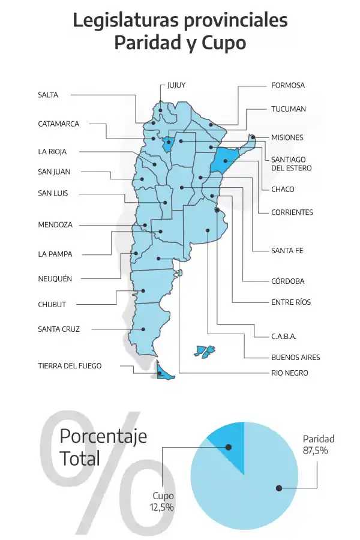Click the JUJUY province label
click(176, 85)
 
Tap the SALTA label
click(48, 95)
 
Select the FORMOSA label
click(287, 85)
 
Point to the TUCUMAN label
click(288, 109)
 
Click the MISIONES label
click(287, 137)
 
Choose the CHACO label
click(283, 190)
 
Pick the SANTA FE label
click(287, 250)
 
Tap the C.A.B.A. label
click(284, 336)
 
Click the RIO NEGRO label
click(289, 373)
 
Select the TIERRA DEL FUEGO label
click(70, 366)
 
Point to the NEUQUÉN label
click(55, 279)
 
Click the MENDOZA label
click(55, 225)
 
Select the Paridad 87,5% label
click(318, 445)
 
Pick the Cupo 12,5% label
click(162, 502)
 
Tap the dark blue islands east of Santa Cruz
click(205, 351)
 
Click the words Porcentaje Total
click(102, 448)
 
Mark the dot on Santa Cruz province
click(144, 329)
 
